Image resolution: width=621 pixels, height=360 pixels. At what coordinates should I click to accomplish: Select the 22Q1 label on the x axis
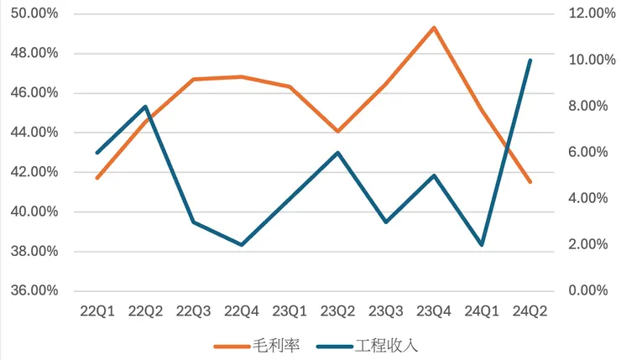click(97, 312)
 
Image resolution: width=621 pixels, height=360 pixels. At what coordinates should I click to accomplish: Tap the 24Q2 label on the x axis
click(530, 312)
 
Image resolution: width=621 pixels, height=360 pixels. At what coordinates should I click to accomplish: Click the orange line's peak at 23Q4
click(434, 28)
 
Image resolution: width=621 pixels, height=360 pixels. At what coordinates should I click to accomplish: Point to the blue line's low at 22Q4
click(242, 245)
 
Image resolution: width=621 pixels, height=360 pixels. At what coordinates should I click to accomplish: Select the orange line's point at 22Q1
click(97, 178)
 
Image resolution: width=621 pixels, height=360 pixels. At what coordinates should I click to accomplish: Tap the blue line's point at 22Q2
click(145, 107)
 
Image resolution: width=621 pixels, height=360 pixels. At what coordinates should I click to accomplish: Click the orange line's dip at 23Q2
click(338, 132)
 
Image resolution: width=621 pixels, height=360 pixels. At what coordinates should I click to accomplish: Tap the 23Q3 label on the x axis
click(386, 312)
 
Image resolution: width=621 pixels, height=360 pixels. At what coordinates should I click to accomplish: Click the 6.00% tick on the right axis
click(582, 153)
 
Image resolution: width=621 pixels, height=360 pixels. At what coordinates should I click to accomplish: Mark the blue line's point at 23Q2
click(338, 153)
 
